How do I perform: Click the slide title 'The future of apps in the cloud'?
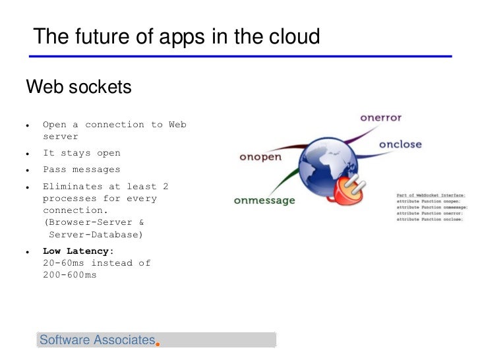[176, 37]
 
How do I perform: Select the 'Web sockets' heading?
[78, 87]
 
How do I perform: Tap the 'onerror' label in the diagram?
[380, 118]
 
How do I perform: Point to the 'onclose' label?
[400, 144]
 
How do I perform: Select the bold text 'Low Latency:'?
[78, 251]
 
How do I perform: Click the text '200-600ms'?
[69, 274]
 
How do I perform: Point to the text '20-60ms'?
[63, 262]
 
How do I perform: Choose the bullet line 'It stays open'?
[82, 153]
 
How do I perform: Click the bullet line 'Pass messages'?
[82, 169]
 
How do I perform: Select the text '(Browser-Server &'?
[94, 222]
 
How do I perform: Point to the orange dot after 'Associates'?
[158, 343]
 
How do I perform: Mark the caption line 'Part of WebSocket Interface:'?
[431, 195]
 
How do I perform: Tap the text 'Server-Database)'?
[96, 234]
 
